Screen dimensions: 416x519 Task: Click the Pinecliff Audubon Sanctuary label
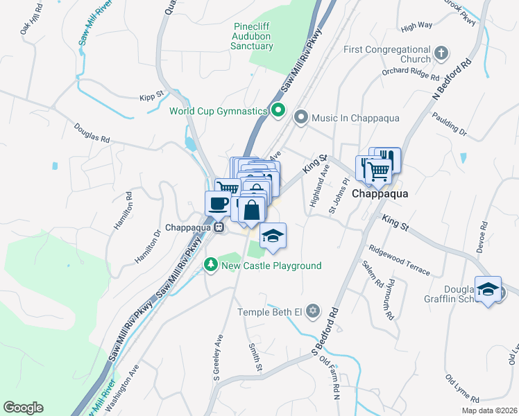[x=253, y=36]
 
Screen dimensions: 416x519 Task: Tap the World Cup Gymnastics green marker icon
[x=278, y=110]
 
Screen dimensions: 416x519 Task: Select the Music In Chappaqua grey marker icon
[x=300, y=118]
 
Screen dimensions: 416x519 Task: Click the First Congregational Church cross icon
[x=441, y=53]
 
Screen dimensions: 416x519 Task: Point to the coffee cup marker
[x=219, y=203]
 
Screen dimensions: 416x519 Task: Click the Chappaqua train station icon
[x=219, y=227]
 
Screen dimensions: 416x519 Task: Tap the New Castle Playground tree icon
[x=210, y=265]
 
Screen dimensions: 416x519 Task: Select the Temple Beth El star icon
[x=313, y=311]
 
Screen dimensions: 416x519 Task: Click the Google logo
[x=23, y=408]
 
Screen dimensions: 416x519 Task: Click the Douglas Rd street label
[x=92, y=134]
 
